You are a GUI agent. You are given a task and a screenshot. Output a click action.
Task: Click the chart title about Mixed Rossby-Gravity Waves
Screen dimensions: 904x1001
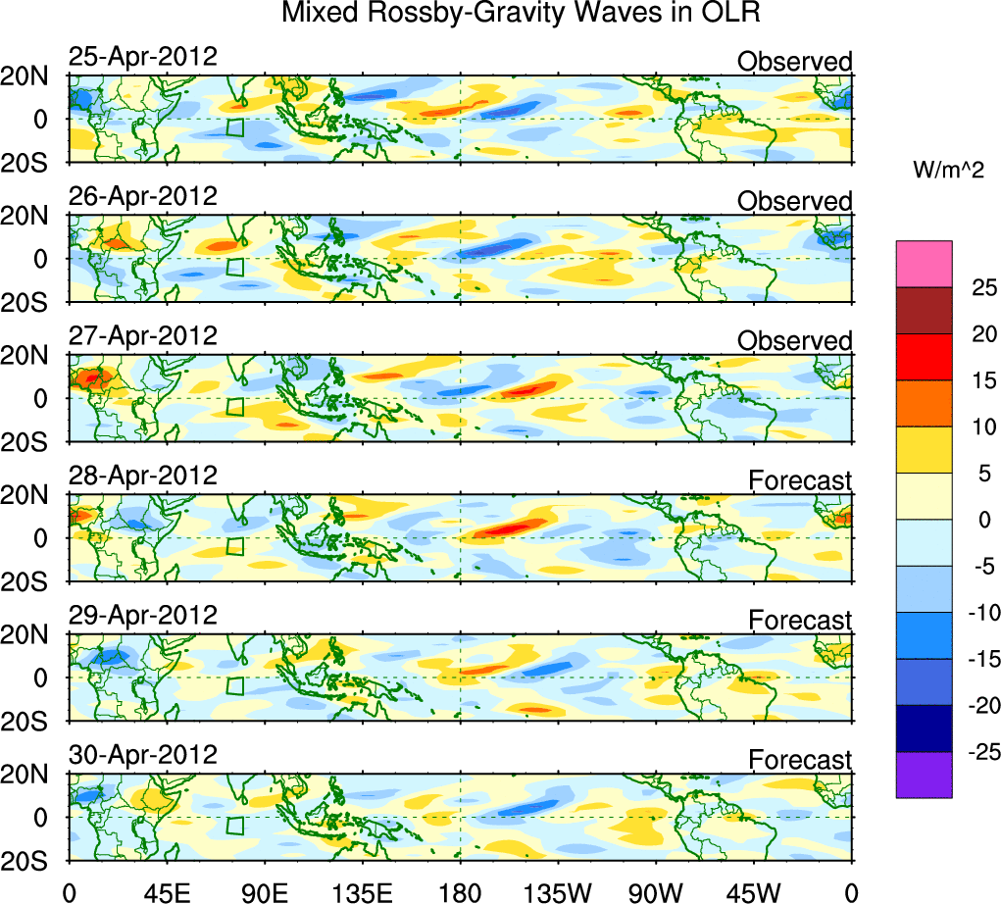521,14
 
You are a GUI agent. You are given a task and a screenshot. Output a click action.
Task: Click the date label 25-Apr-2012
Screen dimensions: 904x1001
142,57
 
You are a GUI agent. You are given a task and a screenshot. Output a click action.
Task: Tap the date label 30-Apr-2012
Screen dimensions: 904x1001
142,755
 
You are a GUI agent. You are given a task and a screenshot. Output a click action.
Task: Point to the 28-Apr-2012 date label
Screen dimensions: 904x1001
142,477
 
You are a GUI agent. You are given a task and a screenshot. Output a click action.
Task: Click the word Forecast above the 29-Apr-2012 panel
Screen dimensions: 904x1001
800,620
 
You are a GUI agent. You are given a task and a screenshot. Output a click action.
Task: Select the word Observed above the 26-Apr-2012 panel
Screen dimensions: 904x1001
794,201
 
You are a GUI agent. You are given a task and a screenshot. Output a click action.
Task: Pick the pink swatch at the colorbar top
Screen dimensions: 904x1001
924,264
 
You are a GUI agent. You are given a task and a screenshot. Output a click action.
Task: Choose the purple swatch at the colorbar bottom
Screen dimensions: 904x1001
924,775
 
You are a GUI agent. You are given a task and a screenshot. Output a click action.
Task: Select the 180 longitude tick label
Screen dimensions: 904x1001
460,891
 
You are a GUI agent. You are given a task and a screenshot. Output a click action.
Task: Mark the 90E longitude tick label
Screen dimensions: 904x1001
264,891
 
